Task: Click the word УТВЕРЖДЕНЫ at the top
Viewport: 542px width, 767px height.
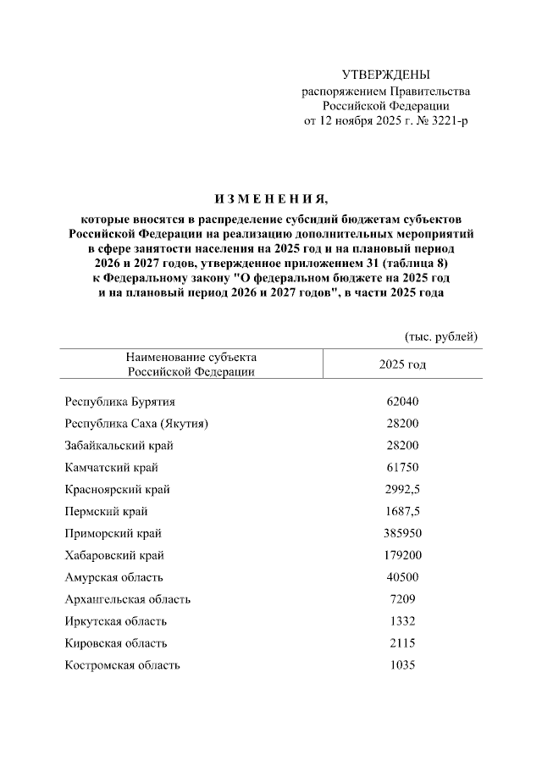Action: point(385,75)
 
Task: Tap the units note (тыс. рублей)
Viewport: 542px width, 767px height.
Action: point(441,336)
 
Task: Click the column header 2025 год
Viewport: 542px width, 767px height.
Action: point(402,364)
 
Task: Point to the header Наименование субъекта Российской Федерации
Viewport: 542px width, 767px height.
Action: point(191,364)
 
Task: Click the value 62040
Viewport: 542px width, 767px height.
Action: point(402,401)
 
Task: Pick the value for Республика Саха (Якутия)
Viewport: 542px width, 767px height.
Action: point(402,423)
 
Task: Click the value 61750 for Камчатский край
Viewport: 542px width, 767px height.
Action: point(402,467)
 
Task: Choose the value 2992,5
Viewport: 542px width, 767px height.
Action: point(402,489)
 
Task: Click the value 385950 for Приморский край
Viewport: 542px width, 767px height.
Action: point(402,533)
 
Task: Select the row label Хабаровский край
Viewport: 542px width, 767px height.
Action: point(114,555)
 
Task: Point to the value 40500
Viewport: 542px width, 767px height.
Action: point(402,577)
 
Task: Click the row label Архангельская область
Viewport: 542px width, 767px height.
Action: point(128,599)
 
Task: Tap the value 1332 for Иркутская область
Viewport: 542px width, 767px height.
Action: point(402,621)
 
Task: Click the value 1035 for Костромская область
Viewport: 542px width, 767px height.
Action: point(402,665)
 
